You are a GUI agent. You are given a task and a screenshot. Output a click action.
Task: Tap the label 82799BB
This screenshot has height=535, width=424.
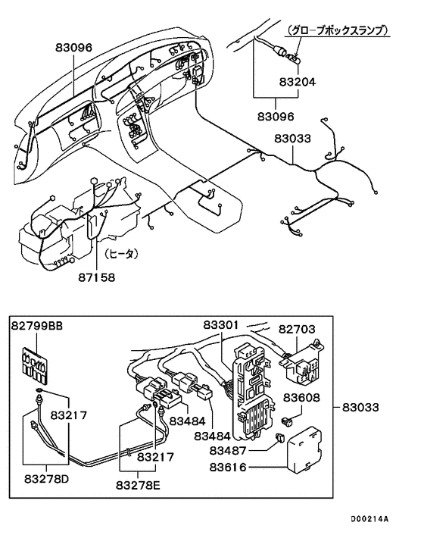coord(36,326)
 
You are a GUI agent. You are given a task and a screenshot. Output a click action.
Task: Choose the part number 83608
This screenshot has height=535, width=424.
coord(302,397)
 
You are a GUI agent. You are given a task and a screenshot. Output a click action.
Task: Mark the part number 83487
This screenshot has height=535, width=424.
coord(237,450)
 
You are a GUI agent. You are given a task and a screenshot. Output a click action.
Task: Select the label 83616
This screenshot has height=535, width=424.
coord(237,468)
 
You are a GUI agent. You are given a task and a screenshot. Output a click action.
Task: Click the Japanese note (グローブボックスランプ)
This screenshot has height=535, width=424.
coord(338,31)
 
